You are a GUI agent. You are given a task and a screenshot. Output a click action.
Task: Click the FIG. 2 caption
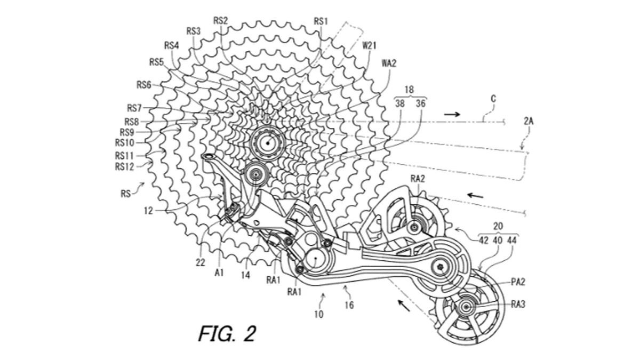(x=227, y=333)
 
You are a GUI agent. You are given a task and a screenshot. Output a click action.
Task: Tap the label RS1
(x=321, y=21)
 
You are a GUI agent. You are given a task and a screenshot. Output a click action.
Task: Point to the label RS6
(x=144, y=84)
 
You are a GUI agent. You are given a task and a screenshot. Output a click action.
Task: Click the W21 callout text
(x=370, y=46)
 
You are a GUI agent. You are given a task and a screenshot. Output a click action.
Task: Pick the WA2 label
(x=389, y=63)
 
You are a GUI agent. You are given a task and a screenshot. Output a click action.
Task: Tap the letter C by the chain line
(x=493, y=99)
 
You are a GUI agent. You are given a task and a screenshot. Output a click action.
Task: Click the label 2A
(x=528, y=122)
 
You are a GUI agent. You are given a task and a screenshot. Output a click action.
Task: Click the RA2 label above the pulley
(x=418, y=179)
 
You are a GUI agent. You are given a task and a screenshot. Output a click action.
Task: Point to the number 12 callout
(x=148, y=211)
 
